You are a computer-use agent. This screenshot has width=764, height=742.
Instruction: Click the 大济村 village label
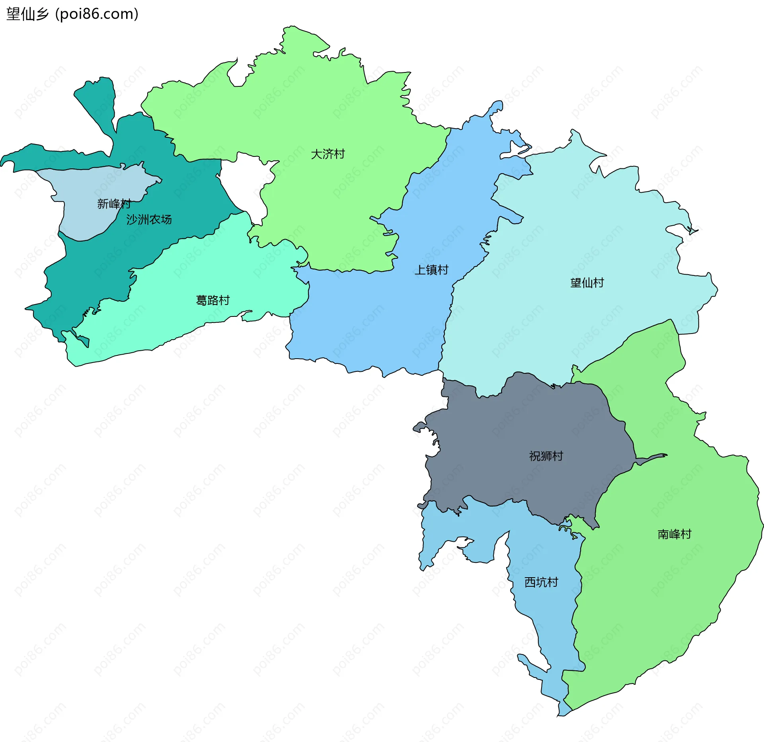327,154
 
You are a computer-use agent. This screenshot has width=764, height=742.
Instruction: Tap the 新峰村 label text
114,204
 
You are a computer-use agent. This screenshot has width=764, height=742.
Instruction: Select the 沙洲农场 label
149,219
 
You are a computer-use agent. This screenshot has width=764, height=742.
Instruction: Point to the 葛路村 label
213,300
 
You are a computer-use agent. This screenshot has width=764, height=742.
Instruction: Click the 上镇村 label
431,270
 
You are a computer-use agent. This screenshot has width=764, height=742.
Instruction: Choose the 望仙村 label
587,283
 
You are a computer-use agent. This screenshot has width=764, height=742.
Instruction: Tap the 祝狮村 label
546,456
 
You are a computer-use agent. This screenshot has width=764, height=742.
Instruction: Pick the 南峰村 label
674,534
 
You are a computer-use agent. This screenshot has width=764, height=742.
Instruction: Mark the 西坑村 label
541,582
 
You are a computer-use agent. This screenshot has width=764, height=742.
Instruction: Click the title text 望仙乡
27,14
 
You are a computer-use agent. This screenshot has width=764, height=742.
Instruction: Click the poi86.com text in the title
97,14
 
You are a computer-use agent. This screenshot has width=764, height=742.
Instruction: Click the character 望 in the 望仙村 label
576,283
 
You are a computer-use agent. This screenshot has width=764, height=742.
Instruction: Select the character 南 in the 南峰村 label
663,534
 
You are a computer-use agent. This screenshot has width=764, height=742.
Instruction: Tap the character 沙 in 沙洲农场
132,219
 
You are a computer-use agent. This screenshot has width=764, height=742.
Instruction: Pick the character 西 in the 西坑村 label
530,582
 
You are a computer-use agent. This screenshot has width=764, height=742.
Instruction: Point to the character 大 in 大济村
316,154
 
